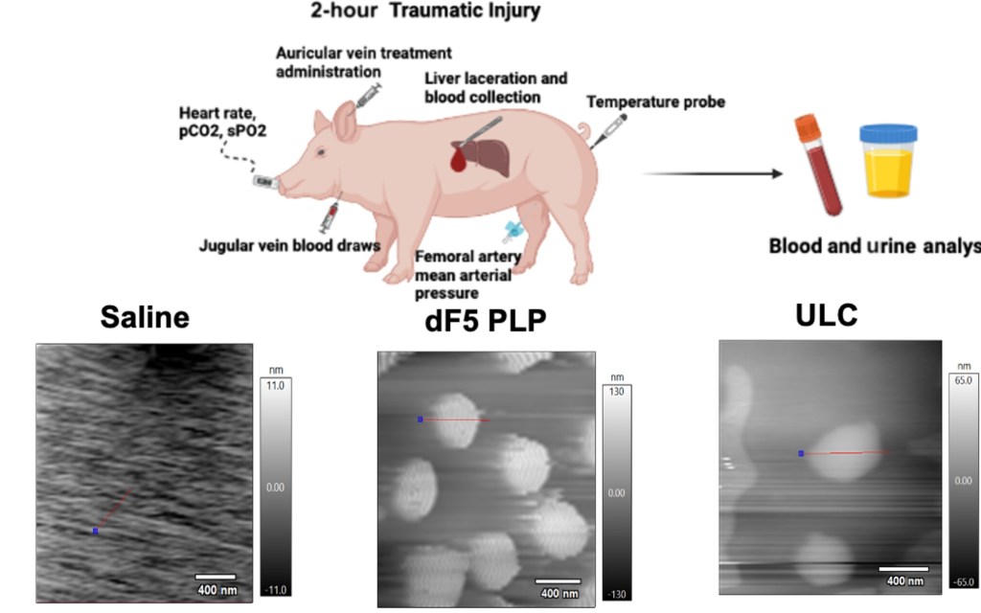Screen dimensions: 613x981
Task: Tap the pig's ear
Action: [345, 121]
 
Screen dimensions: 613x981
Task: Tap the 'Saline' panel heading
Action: [145, 319]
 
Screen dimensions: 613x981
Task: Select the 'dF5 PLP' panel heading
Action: [484, 323]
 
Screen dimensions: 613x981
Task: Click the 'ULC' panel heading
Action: [826, 315]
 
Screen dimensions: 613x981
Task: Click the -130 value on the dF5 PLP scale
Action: [612, 594]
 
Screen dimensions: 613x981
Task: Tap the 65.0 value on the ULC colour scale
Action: [962, 380]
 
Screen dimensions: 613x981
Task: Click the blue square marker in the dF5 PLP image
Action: [420, 419]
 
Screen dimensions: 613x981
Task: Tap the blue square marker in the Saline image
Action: [95, 530]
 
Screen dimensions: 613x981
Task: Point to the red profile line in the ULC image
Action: [848, 452]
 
